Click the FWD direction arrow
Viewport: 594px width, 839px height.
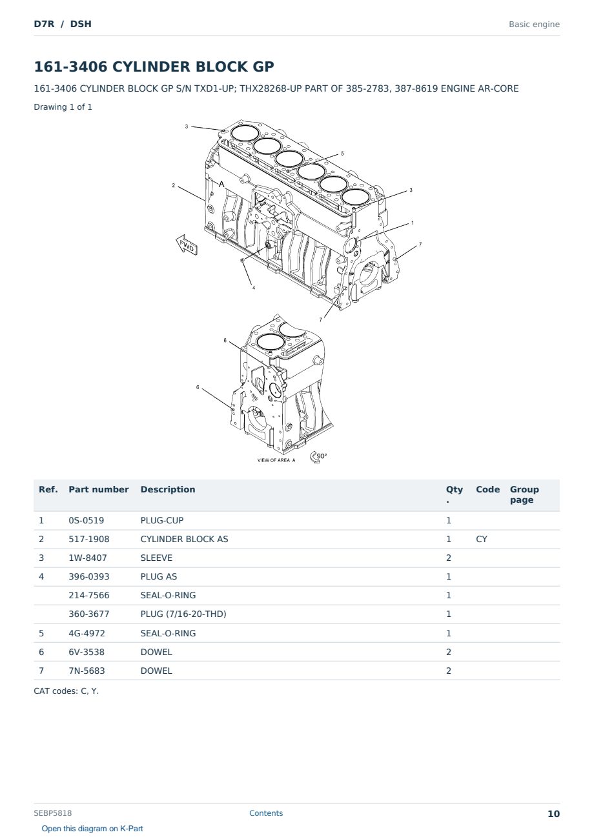tap(186, 245)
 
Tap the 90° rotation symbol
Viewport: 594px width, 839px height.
tap(318, 456)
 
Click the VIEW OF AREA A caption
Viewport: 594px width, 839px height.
tap(276, 460)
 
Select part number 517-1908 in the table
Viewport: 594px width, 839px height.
tap(89, 539)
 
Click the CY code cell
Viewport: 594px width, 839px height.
tap(481, 539)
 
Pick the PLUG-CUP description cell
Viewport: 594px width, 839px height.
tap(162, 520)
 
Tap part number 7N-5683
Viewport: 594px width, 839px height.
tap(87, 671)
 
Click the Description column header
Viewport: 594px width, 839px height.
tap(167, 490)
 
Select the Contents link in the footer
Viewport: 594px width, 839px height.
tap(266, 813)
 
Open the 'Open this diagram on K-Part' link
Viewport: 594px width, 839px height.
tap(92, 829)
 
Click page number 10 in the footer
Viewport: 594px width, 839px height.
tap(553, 814)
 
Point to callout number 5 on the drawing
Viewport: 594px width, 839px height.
tap(342, 154)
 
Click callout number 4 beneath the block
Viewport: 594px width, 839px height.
tap(254, 288)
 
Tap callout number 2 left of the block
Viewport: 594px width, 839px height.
tap(173, 185)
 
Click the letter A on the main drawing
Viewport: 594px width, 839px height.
tap(221, 185)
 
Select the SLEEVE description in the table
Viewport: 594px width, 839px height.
tap(156, 558)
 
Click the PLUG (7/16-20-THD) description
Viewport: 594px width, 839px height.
tap(183, 614)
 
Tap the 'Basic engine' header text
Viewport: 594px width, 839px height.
tap(534, 25)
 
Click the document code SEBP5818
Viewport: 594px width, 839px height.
tap(53, 813)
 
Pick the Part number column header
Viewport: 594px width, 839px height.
tap(99, 490)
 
